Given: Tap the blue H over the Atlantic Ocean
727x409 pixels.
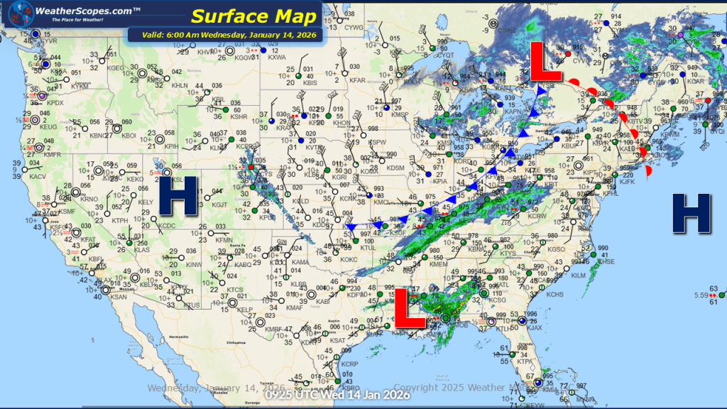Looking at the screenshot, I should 692,213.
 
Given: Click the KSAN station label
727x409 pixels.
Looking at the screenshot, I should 119,297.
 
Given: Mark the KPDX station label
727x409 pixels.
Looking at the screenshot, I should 55,103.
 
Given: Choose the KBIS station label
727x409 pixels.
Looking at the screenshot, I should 310,83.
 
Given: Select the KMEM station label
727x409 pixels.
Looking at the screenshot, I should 440,264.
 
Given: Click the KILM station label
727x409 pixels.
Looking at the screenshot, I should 579,275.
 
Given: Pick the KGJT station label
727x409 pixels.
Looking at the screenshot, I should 220,204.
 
